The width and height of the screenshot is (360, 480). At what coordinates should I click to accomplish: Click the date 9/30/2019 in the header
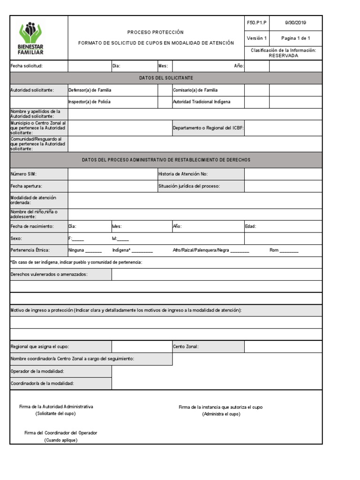295,22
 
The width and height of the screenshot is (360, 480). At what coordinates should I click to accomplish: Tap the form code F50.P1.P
256,22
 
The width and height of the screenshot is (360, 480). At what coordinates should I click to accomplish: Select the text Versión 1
256,38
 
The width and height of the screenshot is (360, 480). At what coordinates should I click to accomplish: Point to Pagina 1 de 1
295,38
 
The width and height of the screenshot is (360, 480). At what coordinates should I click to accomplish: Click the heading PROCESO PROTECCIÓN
156,32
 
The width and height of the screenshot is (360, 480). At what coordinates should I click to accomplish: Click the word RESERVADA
283,55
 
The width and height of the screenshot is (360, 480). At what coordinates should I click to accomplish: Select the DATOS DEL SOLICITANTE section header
166,78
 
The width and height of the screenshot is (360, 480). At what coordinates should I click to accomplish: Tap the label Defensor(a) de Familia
90,90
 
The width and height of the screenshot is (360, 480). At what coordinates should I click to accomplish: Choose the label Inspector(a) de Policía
90,102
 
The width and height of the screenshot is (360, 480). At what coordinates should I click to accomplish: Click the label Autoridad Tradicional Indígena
202,102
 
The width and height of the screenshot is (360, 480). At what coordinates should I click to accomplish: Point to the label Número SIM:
23,174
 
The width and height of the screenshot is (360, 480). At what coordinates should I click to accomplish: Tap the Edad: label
251,226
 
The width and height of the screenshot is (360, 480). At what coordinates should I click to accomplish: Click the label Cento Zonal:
186,346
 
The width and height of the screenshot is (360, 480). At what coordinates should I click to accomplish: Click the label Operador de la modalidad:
37,371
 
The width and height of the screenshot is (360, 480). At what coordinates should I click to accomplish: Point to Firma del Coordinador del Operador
61,433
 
